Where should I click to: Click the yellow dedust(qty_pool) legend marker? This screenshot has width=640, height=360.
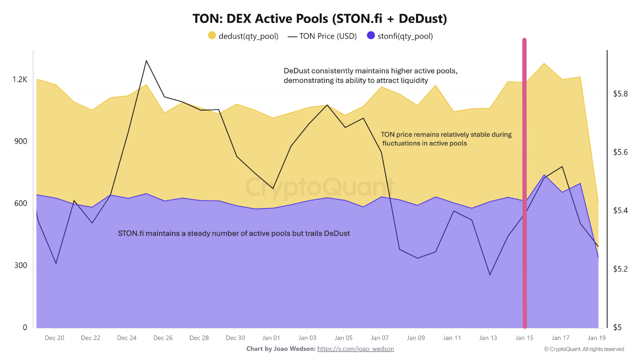tap(212, 35)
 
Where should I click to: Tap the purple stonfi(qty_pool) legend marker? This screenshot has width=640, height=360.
tap(370, 35)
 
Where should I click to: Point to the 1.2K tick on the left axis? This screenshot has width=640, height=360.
tap(20, 79)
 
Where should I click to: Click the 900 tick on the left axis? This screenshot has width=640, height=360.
tap(21, 141)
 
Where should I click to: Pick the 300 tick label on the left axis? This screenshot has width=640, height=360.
tap(21, 265)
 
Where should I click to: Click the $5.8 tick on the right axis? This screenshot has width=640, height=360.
tap(620, 94)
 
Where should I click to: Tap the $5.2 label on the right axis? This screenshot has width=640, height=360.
tap(620, 269)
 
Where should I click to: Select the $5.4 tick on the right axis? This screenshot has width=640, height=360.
tap(620, 210)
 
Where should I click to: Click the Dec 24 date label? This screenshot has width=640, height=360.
tap(126, 338)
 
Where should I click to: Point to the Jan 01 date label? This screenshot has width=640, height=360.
tap(271, 338)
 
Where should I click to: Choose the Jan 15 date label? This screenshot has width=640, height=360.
tap(524, 338)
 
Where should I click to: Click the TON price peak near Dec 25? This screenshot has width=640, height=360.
tap(146, 61)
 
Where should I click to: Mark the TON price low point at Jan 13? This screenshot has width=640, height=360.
tap(489, 274)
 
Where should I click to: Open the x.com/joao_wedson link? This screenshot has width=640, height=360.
tap(355, 348)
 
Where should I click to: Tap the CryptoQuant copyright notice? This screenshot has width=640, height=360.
tap(584, 349)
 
